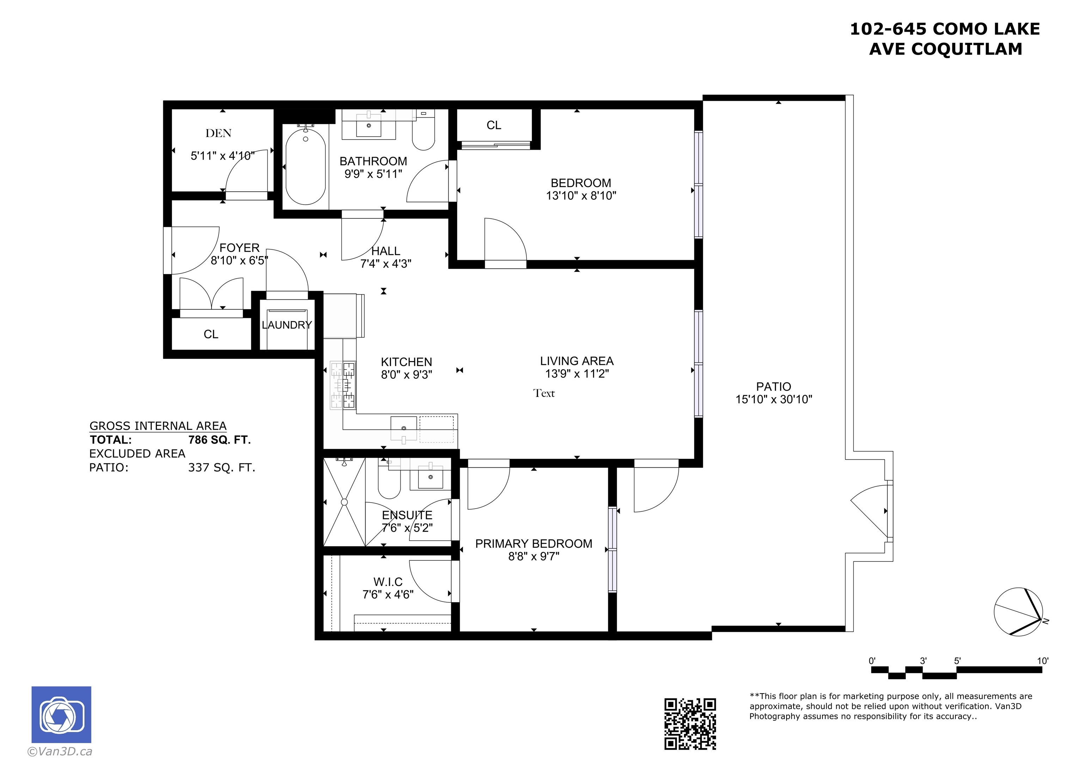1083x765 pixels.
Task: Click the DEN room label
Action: pyautogui.click(x=218, y=133)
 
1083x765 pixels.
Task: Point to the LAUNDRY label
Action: pyautogui.click(x=287, y=325)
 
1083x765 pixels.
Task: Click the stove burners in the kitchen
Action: pyautogui.click(x=343, y=385)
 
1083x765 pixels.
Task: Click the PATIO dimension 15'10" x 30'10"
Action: pyautogui.click(x=773, y=399)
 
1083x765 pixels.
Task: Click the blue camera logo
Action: pyautogui.click(x=61, y=715)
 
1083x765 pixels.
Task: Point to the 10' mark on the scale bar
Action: pyautogui.click(x=1043, y=661)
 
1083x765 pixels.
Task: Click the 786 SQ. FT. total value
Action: pyautogui.click(x=219, y=440)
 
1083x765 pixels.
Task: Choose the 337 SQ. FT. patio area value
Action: pyautogui.click(x=222, y=468)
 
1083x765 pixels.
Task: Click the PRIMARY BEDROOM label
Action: pyautogui.click(x=533, y=543)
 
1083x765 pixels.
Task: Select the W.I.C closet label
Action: pyautogui.click(x=388, y=582)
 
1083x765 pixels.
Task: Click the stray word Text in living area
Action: pyautogui.click(x=544, y=393)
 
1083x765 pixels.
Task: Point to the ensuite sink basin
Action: pyautogui.click(x=431, y=478)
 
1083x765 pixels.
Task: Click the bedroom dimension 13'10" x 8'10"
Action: pyautogui.click(x=581, y=195)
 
